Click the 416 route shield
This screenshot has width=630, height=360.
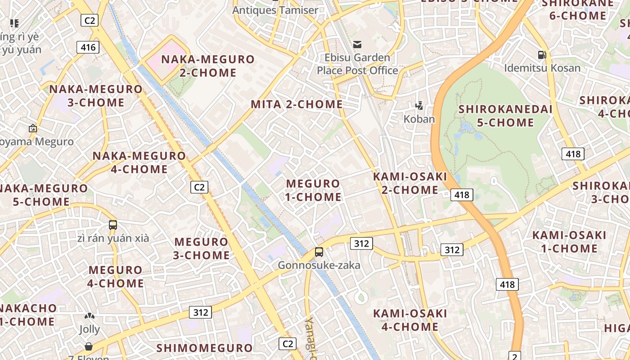point(88,47)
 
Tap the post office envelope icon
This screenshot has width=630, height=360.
point(357,44)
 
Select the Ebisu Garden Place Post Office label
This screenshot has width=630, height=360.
point(358,64)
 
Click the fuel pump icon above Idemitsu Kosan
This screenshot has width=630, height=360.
point(542,55)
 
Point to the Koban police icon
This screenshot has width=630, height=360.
point(419,106)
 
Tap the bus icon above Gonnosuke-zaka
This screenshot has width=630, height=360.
point(319,252)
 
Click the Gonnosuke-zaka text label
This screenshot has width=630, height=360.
point(319,265)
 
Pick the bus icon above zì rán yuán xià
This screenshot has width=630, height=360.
point(113,225)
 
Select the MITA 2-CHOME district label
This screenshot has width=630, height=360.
point(297,104)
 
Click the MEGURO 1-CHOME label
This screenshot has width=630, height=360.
point(314,190)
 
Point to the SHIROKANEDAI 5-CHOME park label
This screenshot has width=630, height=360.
point(505,116)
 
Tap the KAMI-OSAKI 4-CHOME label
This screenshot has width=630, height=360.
point(410,320)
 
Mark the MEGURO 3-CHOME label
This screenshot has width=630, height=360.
point(202,248)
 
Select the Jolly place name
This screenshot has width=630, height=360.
point(90,329)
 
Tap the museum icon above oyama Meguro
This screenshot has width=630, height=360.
point(32,128)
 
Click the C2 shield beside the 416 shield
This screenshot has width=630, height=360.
point(89,20)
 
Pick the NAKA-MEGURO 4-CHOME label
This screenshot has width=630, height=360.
point(139,162)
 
